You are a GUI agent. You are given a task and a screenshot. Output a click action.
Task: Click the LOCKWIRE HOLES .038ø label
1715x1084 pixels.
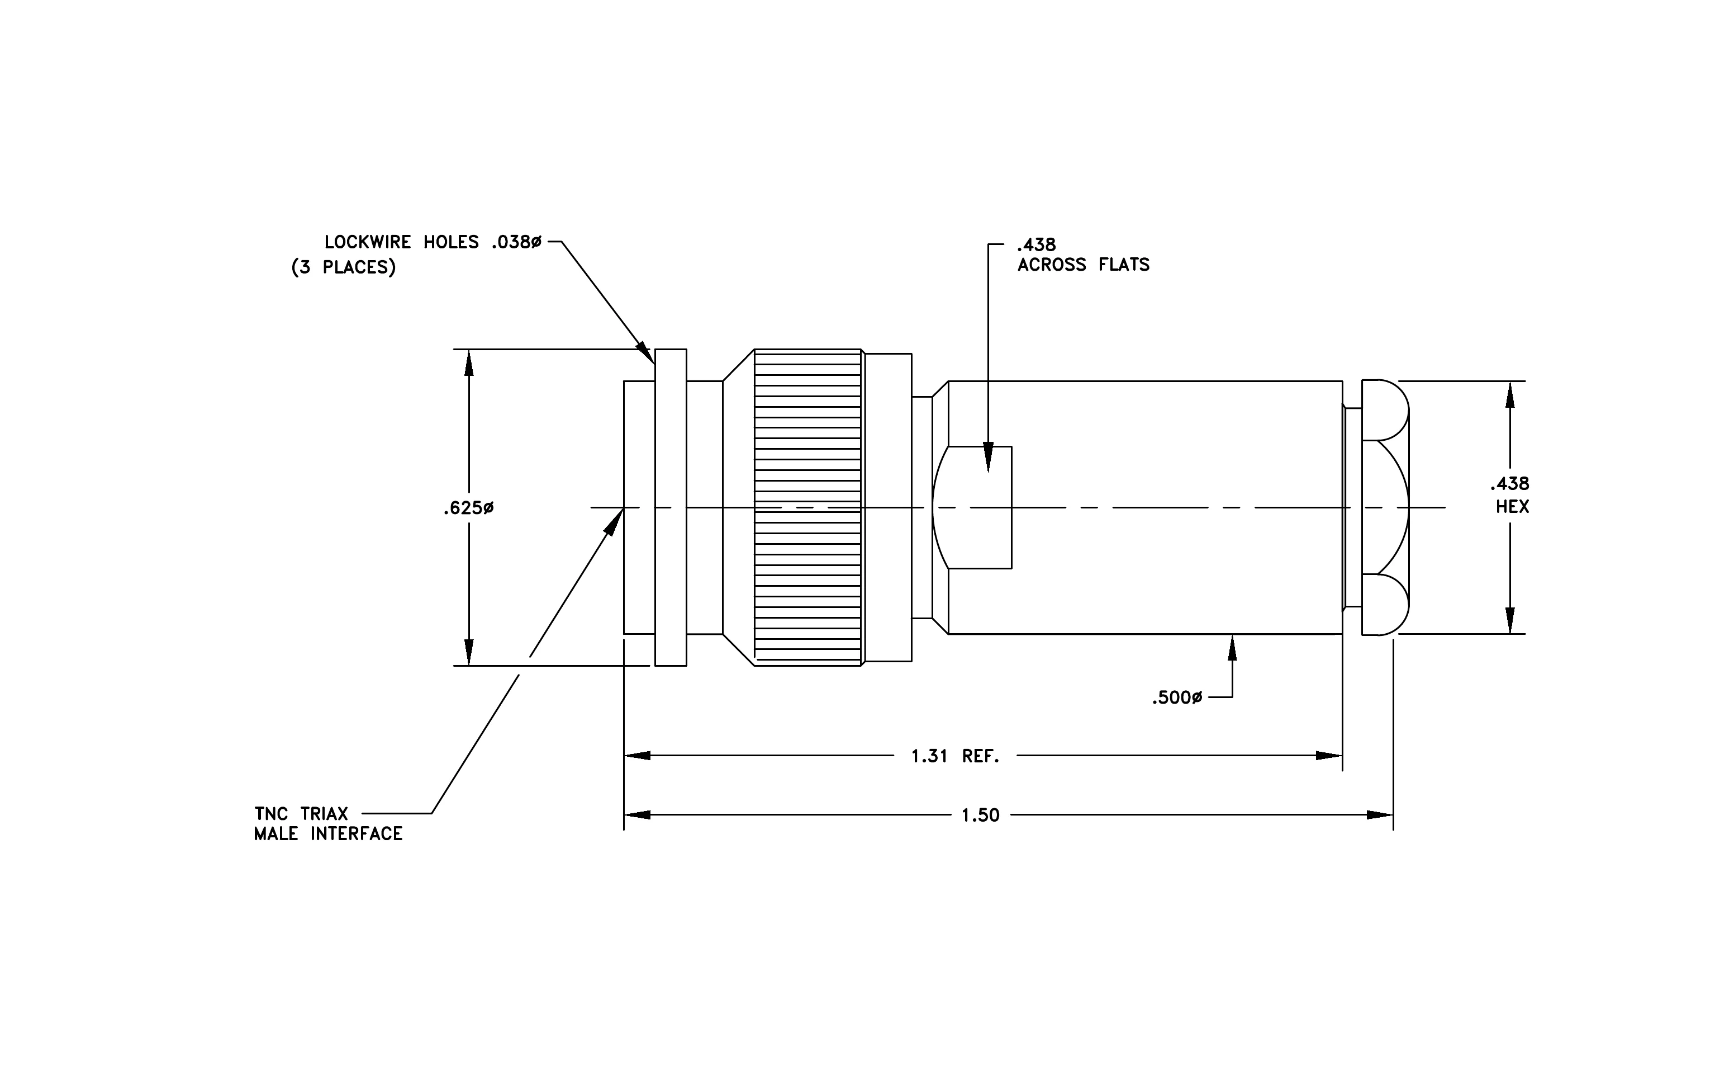433,242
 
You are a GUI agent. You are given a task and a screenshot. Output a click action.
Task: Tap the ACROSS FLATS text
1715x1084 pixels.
1084,265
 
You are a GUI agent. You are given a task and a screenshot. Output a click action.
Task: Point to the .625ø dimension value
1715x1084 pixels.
468,508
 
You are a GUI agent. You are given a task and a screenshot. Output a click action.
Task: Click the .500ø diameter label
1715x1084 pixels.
1176,697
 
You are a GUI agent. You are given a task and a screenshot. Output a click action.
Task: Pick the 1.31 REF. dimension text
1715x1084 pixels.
955,756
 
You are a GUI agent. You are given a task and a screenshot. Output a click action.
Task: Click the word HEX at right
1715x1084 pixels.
1512,507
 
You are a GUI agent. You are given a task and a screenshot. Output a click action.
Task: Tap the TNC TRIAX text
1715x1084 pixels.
301,814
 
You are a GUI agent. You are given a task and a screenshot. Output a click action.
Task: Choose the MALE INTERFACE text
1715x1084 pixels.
329,834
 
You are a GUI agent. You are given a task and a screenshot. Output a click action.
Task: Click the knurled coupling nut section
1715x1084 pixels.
807,507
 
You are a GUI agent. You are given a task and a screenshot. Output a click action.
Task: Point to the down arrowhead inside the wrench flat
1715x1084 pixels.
988,457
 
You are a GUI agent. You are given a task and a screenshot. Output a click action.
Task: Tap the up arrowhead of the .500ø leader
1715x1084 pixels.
1232,648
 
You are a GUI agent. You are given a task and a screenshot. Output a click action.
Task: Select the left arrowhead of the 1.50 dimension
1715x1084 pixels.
638,814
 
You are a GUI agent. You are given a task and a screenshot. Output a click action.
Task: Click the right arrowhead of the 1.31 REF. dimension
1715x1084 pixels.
1329,756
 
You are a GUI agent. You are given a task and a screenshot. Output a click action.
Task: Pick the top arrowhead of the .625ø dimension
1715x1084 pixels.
469,364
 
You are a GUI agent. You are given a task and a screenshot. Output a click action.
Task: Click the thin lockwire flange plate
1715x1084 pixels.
671,507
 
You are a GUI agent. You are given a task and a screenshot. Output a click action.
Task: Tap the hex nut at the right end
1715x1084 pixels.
1385,507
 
